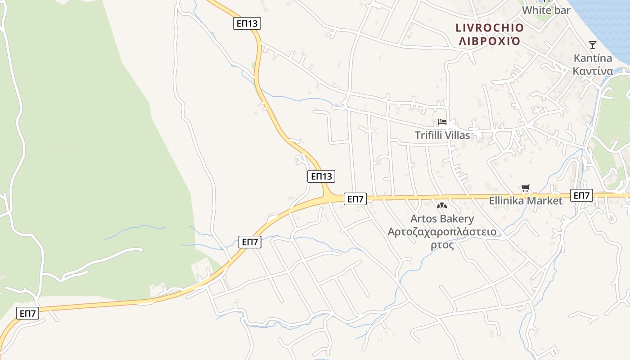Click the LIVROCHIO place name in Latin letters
[490, 28]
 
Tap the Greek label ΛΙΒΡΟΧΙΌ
[490, 41]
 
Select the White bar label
[546, 10]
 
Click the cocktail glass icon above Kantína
[593, 45]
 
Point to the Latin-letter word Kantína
[593, 58]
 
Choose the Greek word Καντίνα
[593, 71]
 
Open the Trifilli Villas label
[442, 135]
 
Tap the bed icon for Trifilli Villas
[442, 122]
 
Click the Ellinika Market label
[526, 201]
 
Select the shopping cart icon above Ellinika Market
[525, 189]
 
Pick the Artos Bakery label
[442, 219]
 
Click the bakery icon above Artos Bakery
[442, 206]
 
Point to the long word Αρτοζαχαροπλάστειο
[442, 232]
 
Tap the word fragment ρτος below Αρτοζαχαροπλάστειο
[442, 245]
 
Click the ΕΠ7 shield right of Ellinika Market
[581, 195]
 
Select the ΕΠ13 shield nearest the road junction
[321, 176]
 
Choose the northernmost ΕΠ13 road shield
[247, 23]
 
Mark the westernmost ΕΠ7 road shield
[28, 313]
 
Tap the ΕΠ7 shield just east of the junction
[355, 198]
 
